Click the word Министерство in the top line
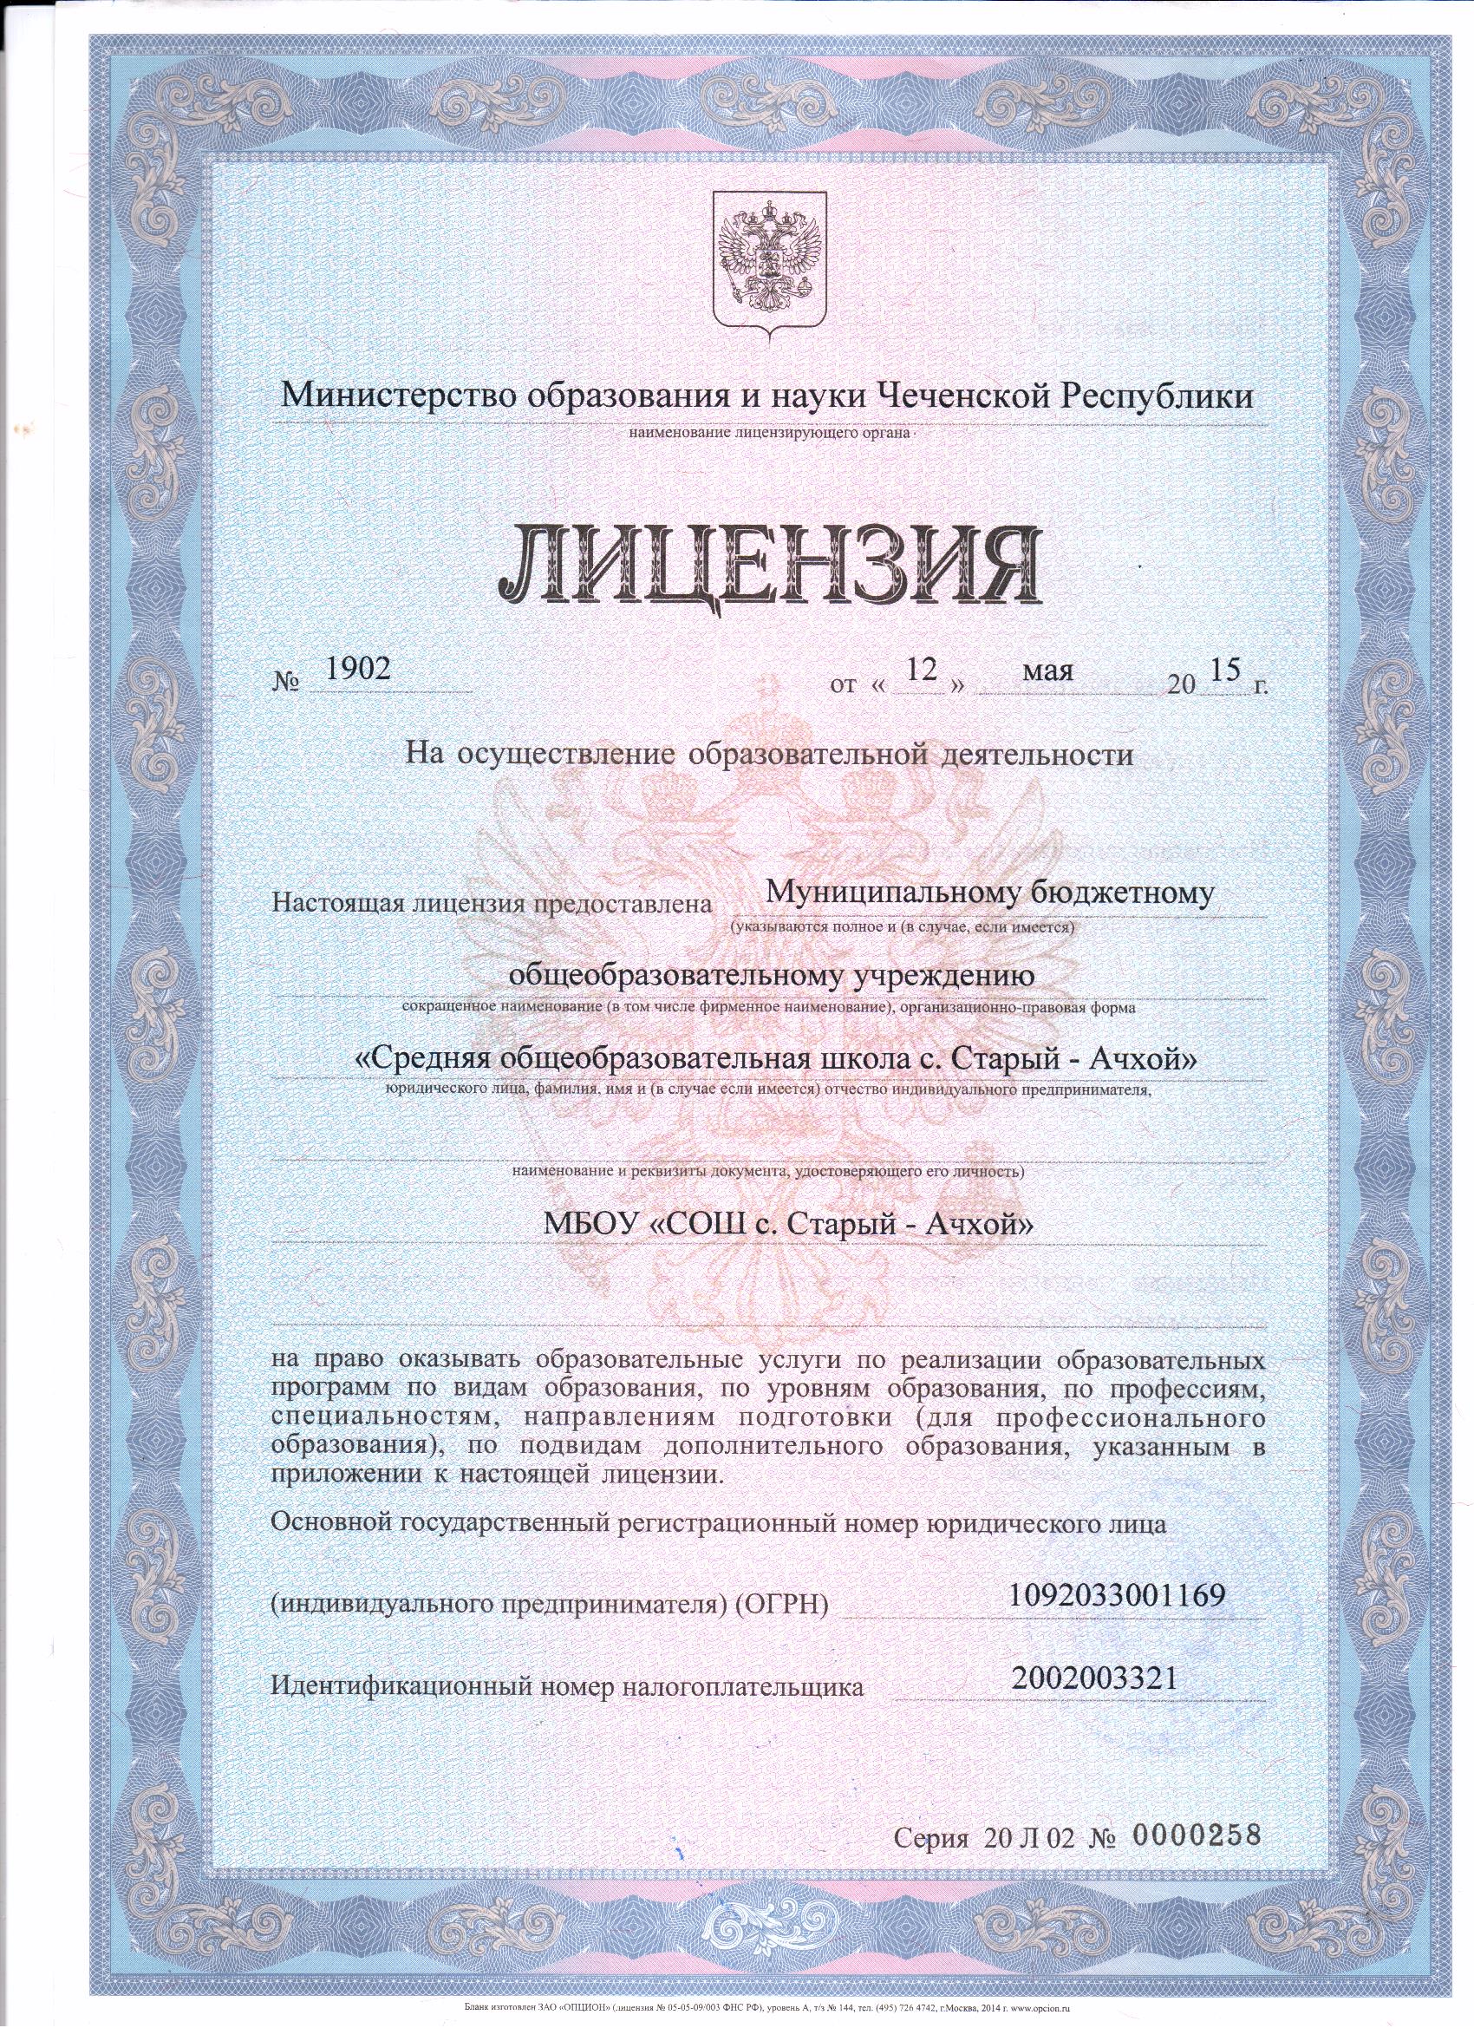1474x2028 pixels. [396, 396]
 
